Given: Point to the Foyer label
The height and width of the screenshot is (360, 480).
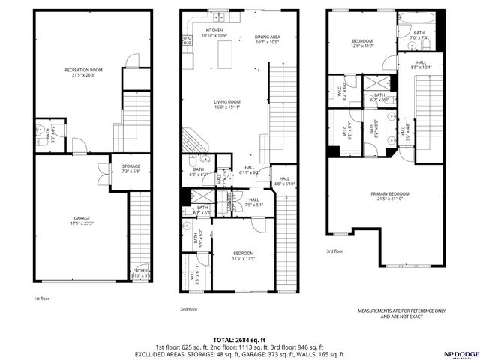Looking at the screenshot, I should pyautogui.click(x=141, y=272).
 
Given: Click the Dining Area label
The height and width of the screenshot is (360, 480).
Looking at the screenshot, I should pyautogui.click(x=246, y=37).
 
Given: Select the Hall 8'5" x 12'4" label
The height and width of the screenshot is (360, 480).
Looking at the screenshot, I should pyautogui.click(x=421, y=65).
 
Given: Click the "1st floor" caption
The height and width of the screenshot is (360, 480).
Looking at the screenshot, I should pyautogui.click(x=42, y=298).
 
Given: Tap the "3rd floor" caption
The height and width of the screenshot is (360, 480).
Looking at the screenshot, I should pyautogui.click(x=334, y=251).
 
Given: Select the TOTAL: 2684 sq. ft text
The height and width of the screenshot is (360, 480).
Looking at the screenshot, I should pyautogui.click(x=239, y=339).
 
